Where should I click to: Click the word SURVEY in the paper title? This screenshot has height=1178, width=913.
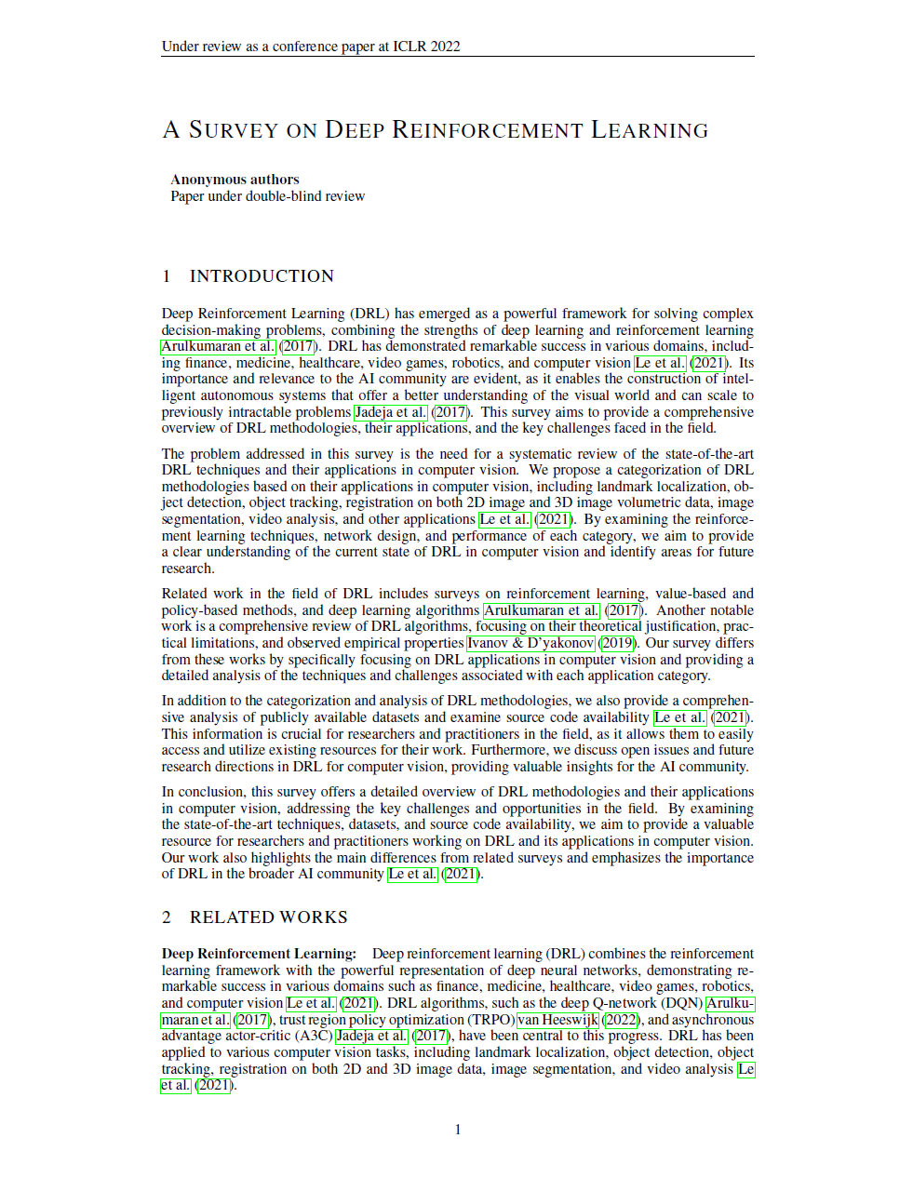click(x=234, y=130)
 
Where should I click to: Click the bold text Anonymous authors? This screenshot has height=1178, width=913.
click(x=235, y=180)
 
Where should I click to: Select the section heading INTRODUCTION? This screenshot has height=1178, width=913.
click(x=262, y=276)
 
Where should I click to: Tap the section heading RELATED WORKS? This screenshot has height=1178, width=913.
click(x=268, y=917)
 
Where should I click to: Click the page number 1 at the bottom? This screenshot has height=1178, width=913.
click(x=457, y=1130)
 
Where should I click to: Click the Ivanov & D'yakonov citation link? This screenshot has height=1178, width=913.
click(x=530, y=643)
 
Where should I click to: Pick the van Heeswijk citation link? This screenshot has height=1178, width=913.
click(x=557, y=1020)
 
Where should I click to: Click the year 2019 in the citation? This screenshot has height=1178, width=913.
click(x=616, y=643)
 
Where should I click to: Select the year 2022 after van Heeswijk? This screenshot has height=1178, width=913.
click(x=621, y=1020)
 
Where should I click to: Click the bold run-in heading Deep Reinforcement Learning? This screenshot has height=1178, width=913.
click(x=259, y=954)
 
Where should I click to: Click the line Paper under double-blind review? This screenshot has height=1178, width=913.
click(x=267, y=196)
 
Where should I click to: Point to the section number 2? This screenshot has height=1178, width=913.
click(x=167, y=917)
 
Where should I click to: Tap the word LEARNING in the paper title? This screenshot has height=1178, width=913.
click(x=650, y=130)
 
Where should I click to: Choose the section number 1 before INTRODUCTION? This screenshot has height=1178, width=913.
click(x=167, y=276)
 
